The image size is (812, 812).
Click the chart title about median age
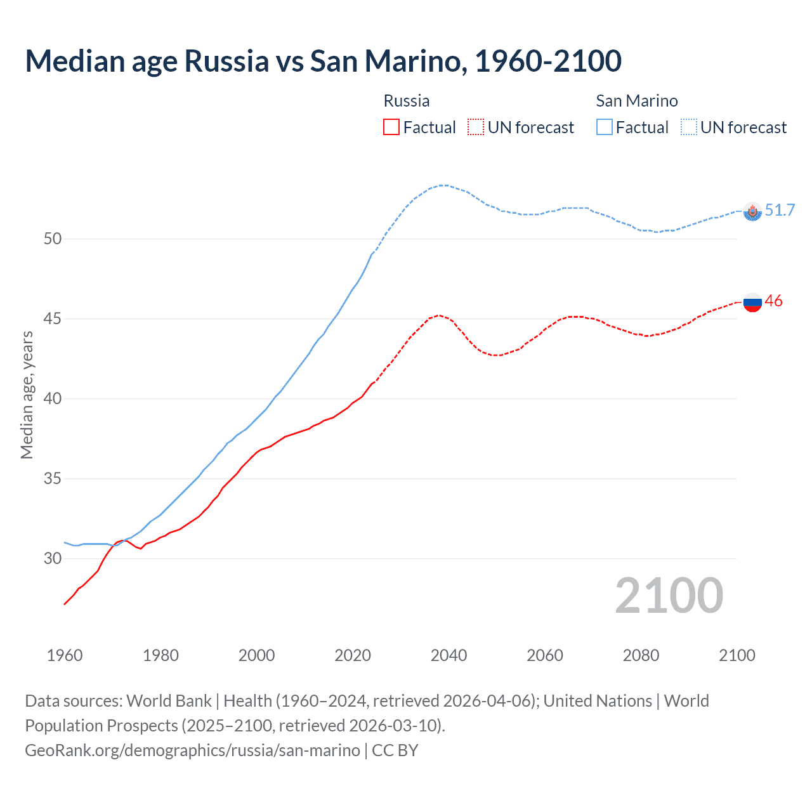point(323,62)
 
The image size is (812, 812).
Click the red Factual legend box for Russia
point(391,128)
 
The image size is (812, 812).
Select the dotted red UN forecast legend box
point(476,128)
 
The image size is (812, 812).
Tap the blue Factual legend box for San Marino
point(605,128)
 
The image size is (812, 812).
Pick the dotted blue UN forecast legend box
point(689,128)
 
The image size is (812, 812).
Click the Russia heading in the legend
point(407,101)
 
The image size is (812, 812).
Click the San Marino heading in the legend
point(636,101)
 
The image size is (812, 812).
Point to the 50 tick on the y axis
point(53,239)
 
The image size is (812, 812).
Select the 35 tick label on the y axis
point(53,479)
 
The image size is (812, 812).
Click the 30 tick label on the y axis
point(53,559)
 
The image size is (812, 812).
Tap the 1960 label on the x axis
point(65,655)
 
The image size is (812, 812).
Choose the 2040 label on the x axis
point(449,655)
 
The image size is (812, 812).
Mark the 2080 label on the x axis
point(641,655)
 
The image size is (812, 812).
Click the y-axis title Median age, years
point(27,395)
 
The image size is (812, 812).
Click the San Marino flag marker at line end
point(752,211)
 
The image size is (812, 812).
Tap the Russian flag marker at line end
point(752,303)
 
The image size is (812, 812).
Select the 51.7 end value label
point(780,210)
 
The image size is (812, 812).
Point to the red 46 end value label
point(774,301)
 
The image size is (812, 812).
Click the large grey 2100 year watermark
point(669,596)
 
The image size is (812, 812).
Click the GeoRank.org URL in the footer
point(192,750)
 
